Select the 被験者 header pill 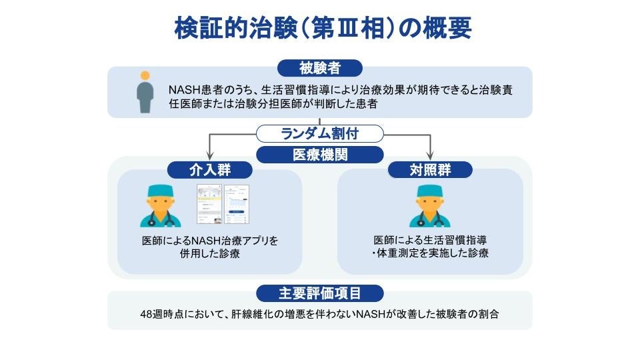click(320, 67)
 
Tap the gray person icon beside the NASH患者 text click(144, 93)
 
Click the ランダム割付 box click(320, 133)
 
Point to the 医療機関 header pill click(320, 155)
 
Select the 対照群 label click(430, 170)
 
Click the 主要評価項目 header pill click(320, 293)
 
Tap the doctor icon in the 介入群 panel click(161, 205)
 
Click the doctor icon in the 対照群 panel click(430, 205)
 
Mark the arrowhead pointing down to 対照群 click(430, 155)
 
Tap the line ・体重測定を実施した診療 click(430, 253)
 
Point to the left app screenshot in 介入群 click(209, 203)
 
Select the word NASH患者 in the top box click(192, 89)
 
